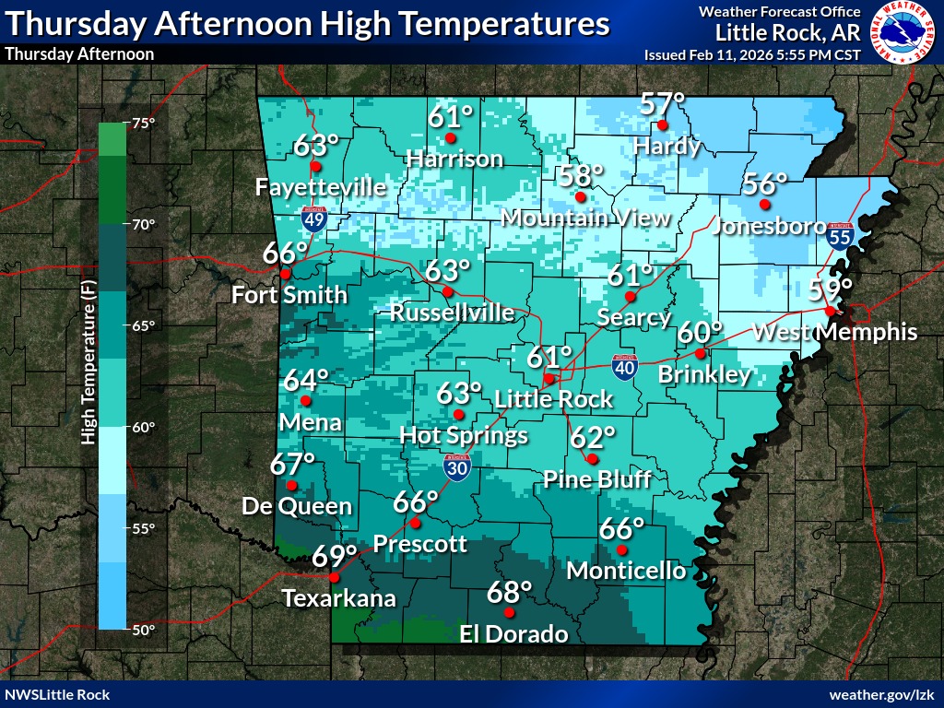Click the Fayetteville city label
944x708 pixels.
[x=320, y=187]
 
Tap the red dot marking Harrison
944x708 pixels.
[x=451, y=138]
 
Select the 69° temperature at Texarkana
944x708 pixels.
[x=334, y=557]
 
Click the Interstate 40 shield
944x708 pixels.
[x=624, y=368]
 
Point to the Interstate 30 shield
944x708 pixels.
[x=457, y=466]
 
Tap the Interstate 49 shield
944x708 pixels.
[x=313, y=218]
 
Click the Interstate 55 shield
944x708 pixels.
[x=839, y=236]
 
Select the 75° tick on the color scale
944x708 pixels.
[x=143, y=124]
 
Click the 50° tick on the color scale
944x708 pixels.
[x=143, y=630]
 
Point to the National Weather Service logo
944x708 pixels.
[x=904, y=31]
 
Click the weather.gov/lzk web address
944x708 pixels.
[x=883, y=694]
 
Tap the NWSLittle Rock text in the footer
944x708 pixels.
[x=57, y=694]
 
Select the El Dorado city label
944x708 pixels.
[x=513, y=634]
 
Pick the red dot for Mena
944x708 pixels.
[x=306, y=401]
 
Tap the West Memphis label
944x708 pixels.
[x=835, y=333]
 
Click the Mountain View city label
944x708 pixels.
[x=586, y=218]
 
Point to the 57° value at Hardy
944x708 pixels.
[x=664, y=102]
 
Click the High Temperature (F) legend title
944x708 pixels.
[x=88, y=363]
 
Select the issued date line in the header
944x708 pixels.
[x=752, y=54]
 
